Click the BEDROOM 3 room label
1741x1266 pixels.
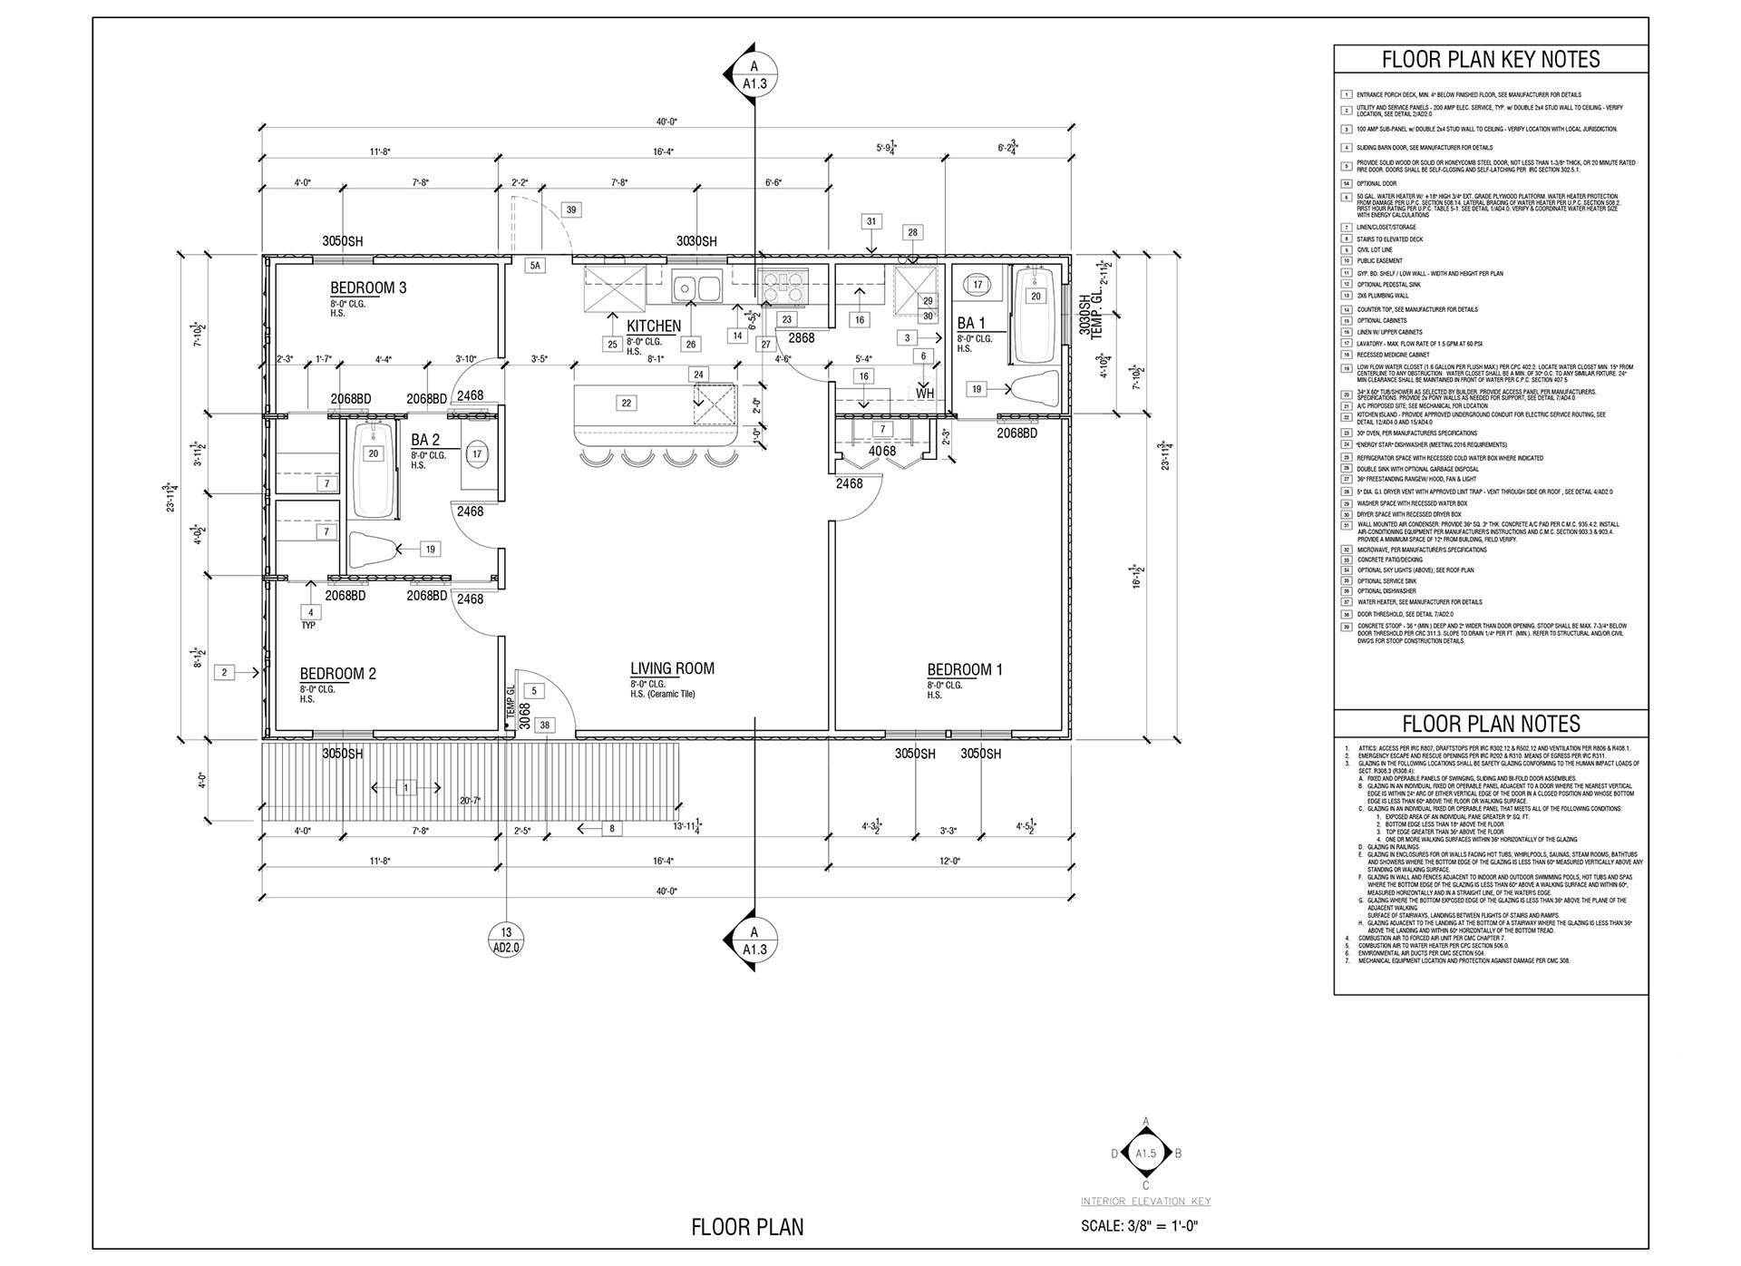(368, 288)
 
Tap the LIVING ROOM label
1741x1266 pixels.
(672, 669)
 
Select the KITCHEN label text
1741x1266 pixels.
(654, 326)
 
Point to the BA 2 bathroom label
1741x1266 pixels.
(425, 441)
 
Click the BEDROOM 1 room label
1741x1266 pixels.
(965, 670)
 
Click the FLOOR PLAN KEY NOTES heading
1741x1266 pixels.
(1491, 60)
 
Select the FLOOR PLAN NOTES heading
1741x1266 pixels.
(1491, 724)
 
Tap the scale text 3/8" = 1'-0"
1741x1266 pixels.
(1140, 1227)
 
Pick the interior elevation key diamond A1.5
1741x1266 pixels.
(1146, 1154)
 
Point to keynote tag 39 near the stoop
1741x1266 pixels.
(571, 209)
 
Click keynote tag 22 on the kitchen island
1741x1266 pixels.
(627, 404)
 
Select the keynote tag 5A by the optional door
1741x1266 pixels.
(536, 266)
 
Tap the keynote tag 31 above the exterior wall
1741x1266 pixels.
(871, 221)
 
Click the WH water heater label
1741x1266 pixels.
(924, 394)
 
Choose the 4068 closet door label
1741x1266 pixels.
(882, 451)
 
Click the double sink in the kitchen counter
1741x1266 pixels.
(696, 288)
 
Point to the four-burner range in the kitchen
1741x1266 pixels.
(782, 287)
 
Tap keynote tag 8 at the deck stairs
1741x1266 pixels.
(611, 828)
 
